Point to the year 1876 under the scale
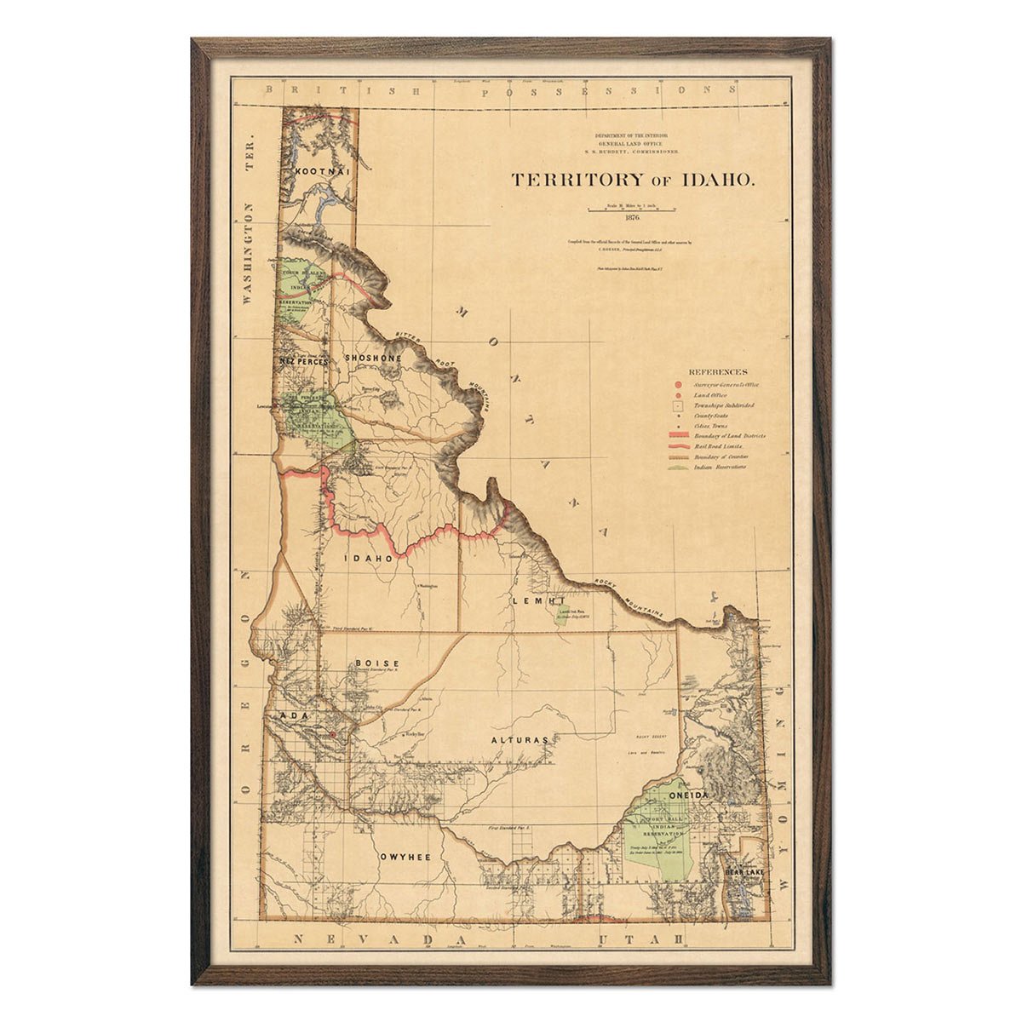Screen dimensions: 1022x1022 631,218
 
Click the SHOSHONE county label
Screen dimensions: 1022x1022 372,359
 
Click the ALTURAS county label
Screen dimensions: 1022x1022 520,740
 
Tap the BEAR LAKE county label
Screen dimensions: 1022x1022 744,873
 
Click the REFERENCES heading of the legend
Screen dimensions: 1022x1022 718,372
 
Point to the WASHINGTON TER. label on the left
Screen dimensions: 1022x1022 250,255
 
